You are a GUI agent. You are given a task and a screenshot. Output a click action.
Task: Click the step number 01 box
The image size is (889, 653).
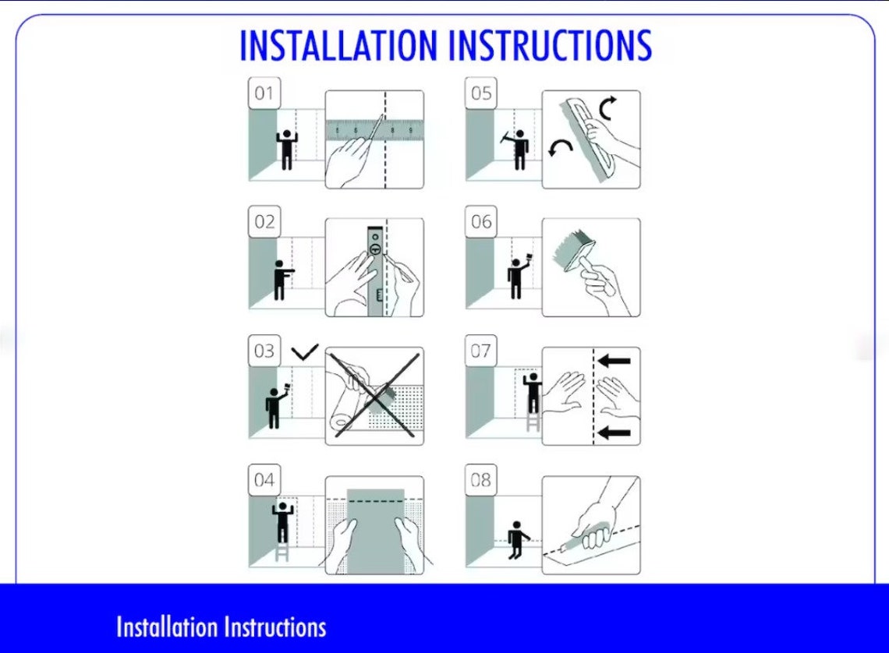click(264, 93)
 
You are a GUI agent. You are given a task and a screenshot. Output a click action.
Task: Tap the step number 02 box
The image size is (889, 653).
click(264, 221)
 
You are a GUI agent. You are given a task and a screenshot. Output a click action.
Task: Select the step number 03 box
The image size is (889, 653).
click(264, 351)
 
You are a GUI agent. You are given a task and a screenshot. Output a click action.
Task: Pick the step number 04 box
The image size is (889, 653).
click(264, 480)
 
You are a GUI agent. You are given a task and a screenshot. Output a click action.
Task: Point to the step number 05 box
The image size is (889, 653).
click(481, 93)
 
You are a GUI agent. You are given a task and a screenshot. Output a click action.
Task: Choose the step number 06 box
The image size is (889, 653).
click(481, 221)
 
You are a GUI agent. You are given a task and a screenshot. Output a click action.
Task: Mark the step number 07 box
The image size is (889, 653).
click(481, 351)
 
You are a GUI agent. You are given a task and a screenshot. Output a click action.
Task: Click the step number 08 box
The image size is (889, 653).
click(481, 480)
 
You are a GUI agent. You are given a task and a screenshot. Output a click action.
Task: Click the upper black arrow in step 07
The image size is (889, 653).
click(614, 360)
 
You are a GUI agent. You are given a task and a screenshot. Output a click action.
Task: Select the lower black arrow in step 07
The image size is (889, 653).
click(614, 433)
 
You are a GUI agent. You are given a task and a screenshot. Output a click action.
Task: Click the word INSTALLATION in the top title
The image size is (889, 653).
click(338, 45)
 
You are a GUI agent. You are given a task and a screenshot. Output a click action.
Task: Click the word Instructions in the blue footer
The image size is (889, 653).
click(275, 627)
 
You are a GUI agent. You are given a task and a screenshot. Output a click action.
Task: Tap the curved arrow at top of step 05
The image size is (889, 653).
click(607, 108)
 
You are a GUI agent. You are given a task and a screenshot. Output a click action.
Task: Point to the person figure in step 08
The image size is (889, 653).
click(517, 540)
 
